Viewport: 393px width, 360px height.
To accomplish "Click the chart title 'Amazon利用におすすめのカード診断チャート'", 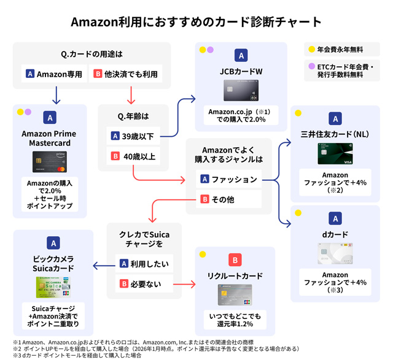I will pyautogui.click(x=196, y=21).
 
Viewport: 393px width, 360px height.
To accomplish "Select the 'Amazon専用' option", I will pyautogui.click(x=53, y=74).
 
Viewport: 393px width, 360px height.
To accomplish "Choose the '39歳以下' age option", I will pyautogui.click(x=133, y=136).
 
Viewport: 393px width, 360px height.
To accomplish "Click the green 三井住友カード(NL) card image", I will pyautogui.click(x=335, y=153).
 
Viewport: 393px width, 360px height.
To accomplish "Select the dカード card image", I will pyautogui.click(x=335, y=254).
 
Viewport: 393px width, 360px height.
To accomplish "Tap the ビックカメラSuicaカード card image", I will pyautogui.click(x=53, y=287).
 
